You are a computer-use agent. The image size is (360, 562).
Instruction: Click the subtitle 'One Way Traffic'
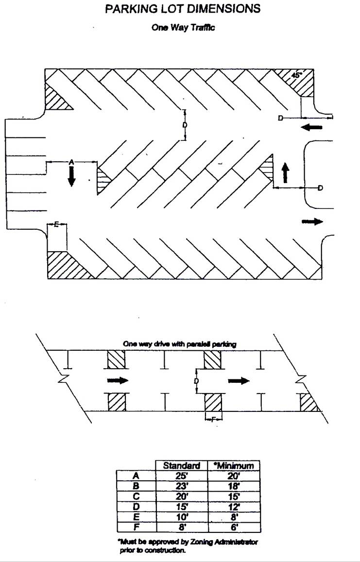(x=183, y=28)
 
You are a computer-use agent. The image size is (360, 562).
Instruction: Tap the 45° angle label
(x=296, y=76)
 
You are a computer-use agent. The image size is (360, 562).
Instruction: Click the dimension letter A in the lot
(x=71, y=162)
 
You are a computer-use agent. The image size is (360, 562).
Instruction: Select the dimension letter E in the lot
(x=56, y=224)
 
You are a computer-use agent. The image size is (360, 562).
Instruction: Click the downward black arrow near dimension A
(x=71, y=176)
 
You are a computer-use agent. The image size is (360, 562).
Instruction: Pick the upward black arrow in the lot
(x=285, y=172)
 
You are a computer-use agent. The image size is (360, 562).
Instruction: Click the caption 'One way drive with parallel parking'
(x=179, y=344)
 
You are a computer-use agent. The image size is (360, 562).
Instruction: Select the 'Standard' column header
(x=181, y=466)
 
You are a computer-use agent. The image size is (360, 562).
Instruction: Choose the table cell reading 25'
(x=181, y=476)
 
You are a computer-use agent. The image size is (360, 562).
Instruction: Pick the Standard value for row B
(x=181, y=486)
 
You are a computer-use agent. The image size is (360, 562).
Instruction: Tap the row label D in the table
(x=136, y=507)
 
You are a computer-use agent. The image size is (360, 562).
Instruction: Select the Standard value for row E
(x=181, y=517)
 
